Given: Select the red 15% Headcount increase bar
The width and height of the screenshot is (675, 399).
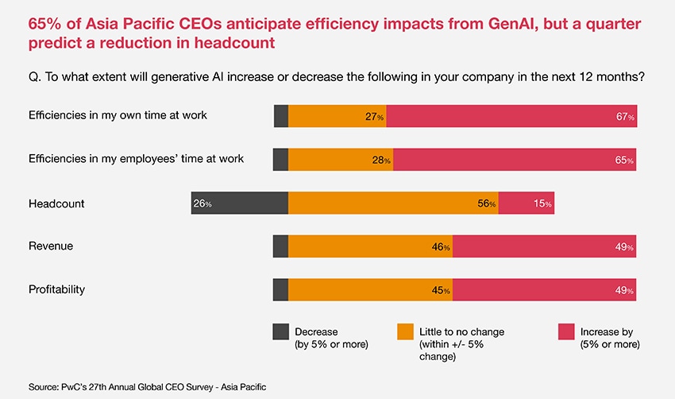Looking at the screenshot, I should pyautogui.click(x=526, y=203).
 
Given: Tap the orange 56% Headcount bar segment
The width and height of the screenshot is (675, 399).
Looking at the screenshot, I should pyautogui.click(x=393, y=203).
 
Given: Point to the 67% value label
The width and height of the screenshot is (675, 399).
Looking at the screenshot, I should pyautogui.click(x=625, y=117).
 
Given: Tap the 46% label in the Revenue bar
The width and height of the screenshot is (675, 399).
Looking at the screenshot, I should pyautogui.click(x=442, y=247).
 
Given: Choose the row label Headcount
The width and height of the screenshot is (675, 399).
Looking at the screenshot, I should pyautogui.click(x=56, y=203).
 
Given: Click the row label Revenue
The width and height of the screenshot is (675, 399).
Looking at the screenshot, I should pyautogui.click(x=51, y=246).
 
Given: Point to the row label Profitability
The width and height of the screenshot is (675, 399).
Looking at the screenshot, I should pyautogui.click(x=56, y=290).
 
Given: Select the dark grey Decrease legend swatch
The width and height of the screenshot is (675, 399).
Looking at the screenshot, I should pyautogui.click(x=280, y=331).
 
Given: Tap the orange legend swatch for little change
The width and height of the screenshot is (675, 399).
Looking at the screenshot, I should pyautogui.click(x=404, y=331).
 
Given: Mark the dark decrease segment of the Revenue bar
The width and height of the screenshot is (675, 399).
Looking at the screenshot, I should pyautogui.click(x=280, y=247).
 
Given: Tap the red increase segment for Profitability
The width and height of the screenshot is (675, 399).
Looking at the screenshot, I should pyautogui.click(x=544, y=290).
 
